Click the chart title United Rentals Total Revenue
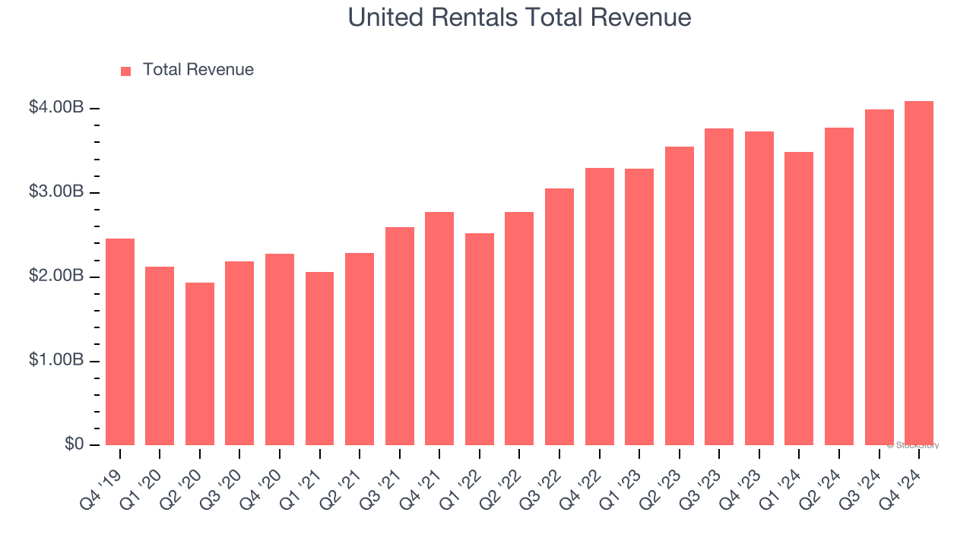tap(519, 17)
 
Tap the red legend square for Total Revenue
tap(126, 71)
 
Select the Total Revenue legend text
tap(198, 70)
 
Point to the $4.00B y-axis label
tap(56, 108)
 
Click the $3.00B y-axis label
tap(56, 192)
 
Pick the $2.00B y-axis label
tap(56, 277)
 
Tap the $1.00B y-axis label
tap(56, 361)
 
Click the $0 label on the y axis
tap(73, 444)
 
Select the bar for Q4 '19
tap(120, 342)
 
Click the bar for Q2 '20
tap(200, 364)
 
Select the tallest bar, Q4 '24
tap(919, 273)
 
